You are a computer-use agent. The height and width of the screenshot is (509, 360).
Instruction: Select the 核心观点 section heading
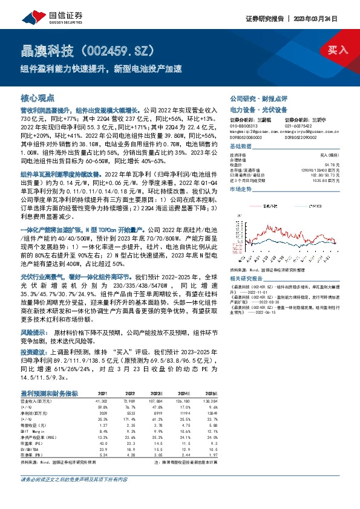coord(38,97)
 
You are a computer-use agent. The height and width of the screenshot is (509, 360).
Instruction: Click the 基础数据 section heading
coord(241,148)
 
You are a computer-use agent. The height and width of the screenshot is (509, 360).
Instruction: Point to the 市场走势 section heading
coord(241,190)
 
